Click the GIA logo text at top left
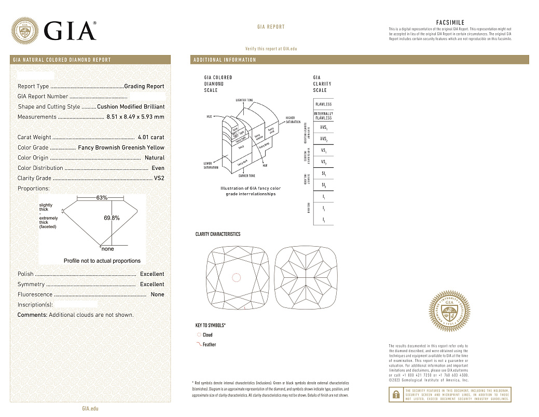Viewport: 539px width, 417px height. pos(70,31)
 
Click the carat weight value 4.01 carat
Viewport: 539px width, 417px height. pos(151,138)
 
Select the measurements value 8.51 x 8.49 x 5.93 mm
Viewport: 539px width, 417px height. pos(135,117)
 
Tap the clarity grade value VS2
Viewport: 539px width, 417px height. pos(159,178)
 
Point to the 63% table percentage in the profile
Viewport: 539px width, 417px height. pos(102,198)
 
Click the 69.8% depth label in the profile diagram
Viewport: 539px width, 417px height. pos(112,218)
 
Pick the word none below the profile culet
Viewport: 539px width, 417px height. pos(108,249)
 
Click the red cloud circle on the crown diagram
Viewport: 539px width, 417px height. pos(236,278)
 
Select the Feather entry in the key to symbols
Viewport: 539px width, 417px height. pos(209,345)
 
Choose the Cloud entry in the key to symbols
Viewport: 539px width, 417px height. pos(207,335)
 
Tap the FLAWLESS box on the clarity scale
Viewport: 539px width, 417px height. pos(323,104)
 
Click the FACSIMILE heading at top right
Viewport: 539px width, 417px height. pos(450,23)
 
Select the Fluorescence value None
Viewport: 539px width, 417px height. pos(157,294)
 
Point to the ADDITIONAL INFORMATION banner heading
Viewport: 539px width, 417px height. pos(225,60)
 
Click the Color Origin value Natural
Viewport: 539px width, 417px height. pos(155,158)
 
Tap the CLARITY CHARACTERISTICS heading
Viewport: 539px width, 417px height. pos(218,234)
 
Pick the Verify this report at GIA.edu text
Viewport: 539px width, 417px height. pos(271,48)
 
